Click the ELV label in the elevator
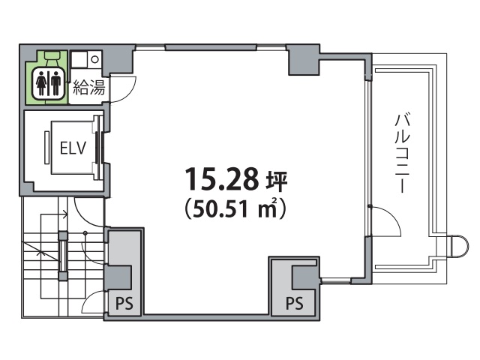[73, 148]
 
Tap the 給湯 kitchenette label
[89, 87]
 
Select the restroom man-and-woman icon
[48, 83]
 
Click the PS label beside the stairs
[124, 304]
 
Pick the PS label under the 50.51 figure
[295, 303]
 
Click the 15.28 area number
[222, 178]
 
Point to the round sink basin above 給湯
[95, 59]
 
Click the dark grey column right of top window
[303, 60]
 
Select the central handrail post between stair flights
[63, 256]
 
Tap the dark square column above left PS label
[118, 277]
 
